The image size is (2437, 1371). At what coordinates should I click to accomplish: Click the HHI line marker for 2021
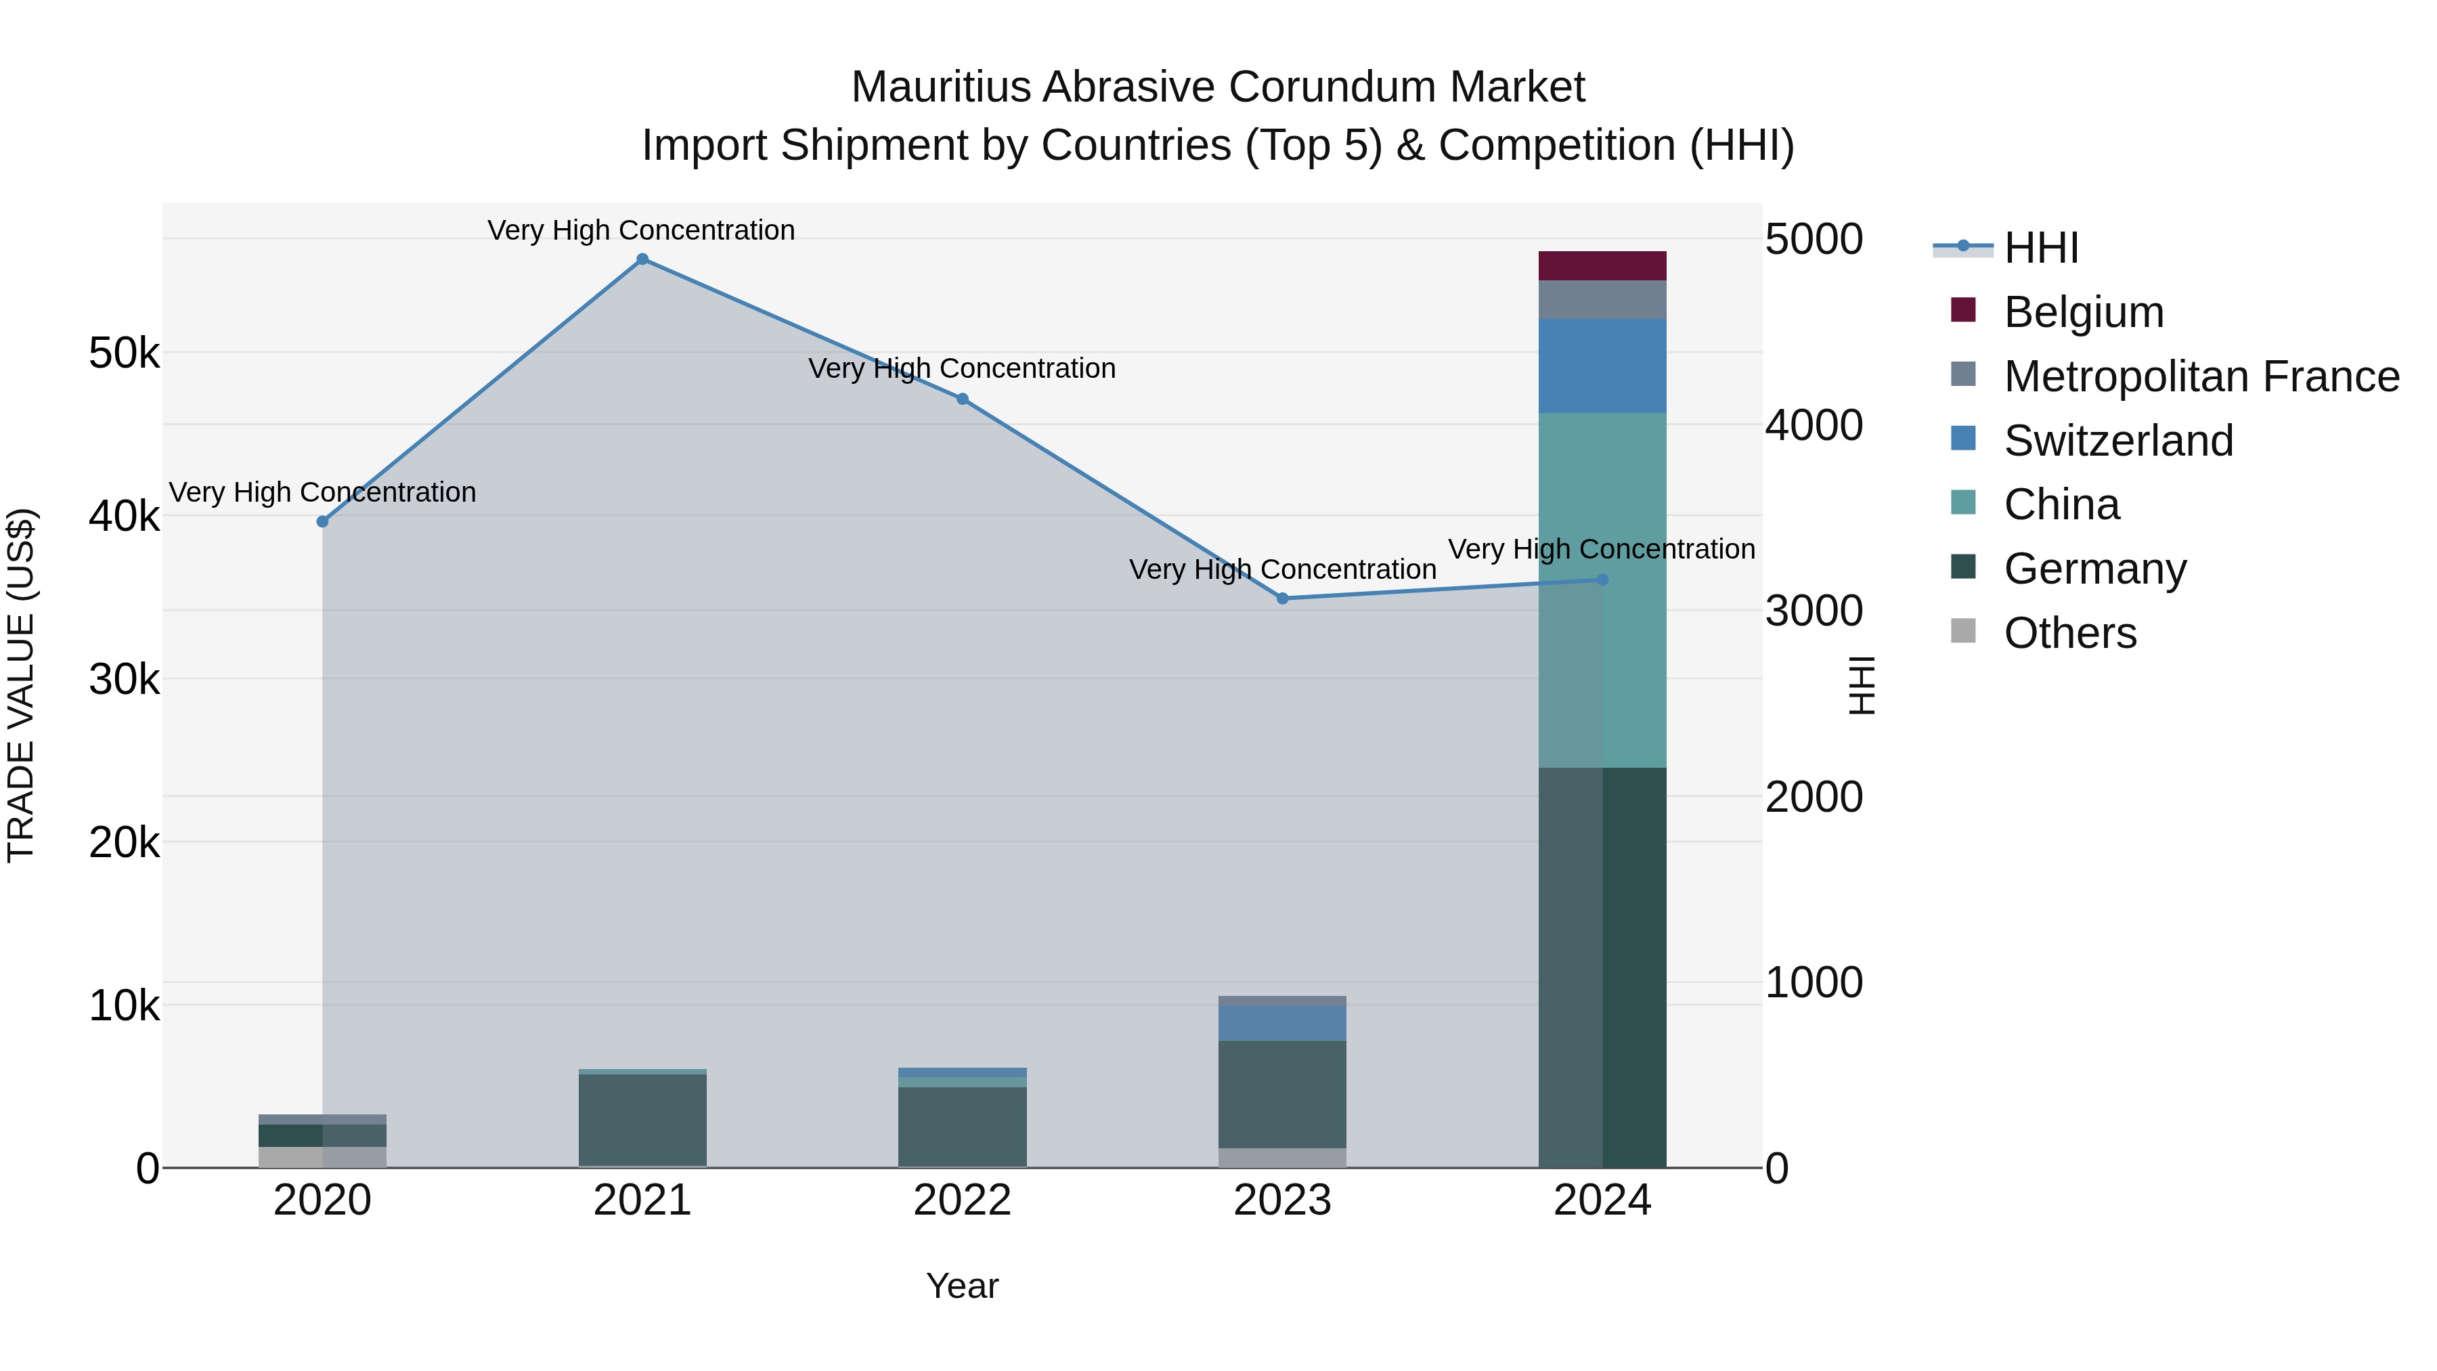pos(642,259)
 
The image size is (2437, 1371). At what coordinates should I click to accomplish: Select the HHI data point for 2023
pos(1283,598)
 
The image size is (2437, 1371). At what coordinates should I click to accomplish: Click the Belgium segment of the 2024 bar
pos(1602,266)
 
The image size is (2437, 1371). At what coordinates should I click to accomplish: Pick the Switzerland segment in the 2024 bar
pos(1602,366)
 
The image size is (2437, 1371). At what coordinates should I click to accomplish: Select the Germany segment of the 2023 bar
pos(1282,1094)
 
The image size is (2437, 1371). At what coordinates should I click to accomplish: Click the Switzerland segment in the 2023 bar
pos(1282,1023)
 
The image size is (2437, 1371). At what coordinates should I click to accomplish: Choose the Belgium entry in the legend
pos(2082,312)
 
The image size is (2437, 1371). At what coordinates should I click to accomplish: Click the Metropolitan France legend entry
pos(2201,376)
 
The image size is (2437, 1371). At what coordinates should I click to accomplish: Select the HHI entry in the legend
pos(2040,248)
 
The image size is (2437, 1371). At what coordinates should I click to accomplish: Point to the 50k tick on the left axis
pos(124,354)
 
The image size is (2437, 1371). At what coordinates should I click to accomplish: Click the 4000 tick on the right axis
pos(1814,426)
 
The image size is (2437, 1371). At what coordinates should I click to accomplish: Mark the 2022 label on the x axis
pos(962,1200)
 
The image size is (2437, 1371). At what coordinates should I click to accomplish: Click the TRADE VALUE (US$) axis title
pos(21,685)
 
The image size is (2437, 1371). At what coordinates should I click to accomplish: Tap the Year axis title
pos(962,1286)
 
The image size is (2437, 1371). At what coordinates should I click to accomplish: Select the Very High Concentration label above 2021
pos(642,230)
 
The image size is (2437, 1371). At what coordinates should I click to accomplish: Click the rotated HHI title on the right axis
pos(1861,685)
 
